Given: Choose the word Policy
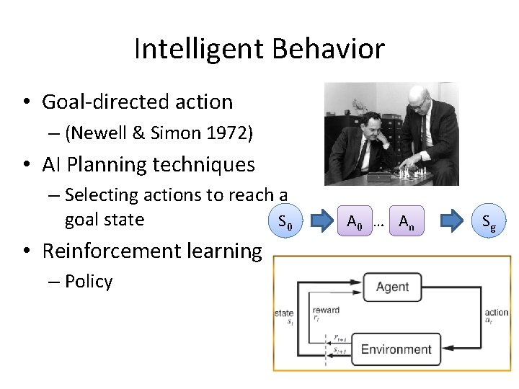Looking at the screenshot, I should point(89,282).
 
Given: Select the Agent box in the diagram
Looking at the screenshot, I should point(392,287).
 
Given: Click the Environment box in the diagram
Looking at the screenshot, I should point(396,349).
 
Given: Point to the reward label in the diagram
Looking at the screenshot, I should point(326,310).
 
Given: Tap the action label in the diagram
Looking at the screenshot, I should point(497,313).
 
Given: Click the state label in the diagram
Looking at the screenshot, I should point(283,313).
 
